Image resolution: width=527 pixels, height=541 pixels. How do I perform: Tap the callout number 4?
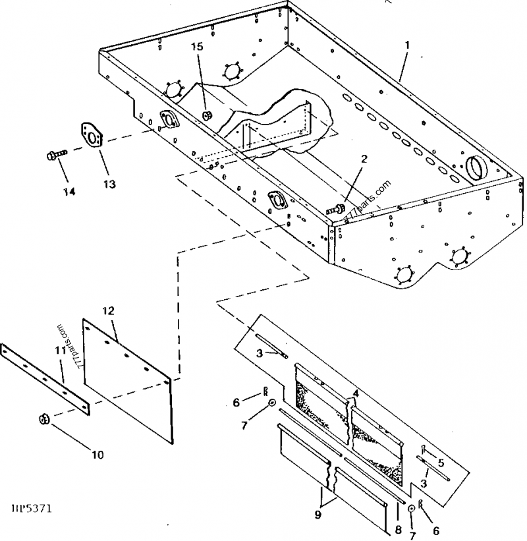[x=355, y=393]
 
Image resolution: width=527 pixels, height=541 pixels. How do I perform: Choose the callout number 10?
[x=97, y=454]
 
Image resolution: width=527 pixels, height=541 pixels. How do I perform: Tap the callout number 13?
[x=109, y=185]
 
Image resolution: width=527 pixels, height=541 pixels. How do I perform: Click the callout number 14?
[x=69, y=192]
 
